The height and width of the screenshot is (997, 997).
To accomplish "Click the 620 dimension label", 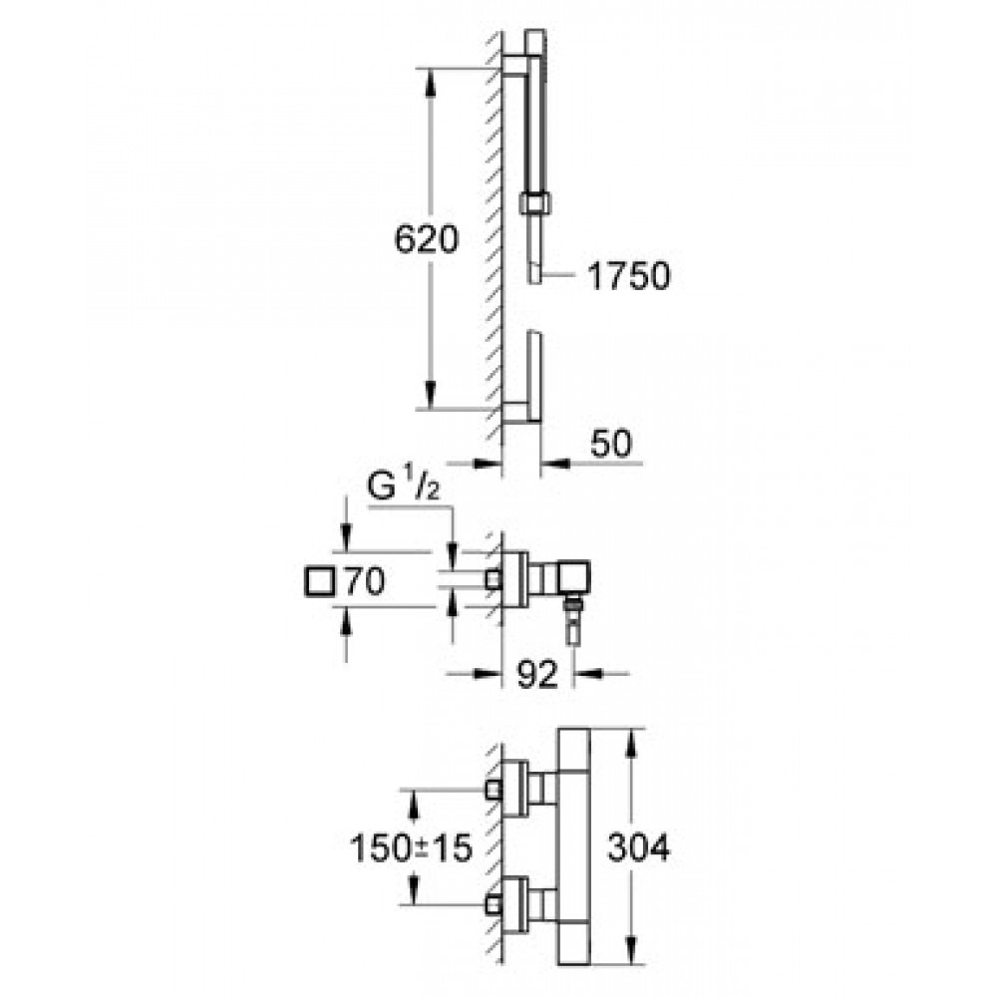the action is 426,240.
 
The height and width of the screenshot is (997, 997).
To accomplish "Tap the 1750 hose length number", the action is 628,276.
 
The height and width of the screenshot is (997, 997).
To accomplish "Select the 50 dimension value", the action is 611,444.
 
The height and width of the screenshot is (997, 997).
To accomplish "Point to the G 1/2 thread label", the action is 403,488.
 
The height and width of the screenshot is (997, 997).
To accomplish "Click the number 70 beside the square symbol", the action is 365,581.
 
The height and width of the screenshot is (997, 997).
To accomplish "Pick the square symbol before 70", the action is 320,582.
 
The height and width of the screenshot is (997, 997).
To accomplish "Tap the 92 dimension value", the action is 536,674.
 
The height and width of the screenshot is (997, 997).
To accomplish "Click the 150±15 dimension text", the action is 412,847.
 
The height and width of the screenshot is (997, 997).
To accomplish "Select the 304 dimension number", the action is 638,847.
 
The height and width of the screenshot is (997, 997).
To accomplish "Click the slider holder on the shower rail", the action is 535,203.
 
